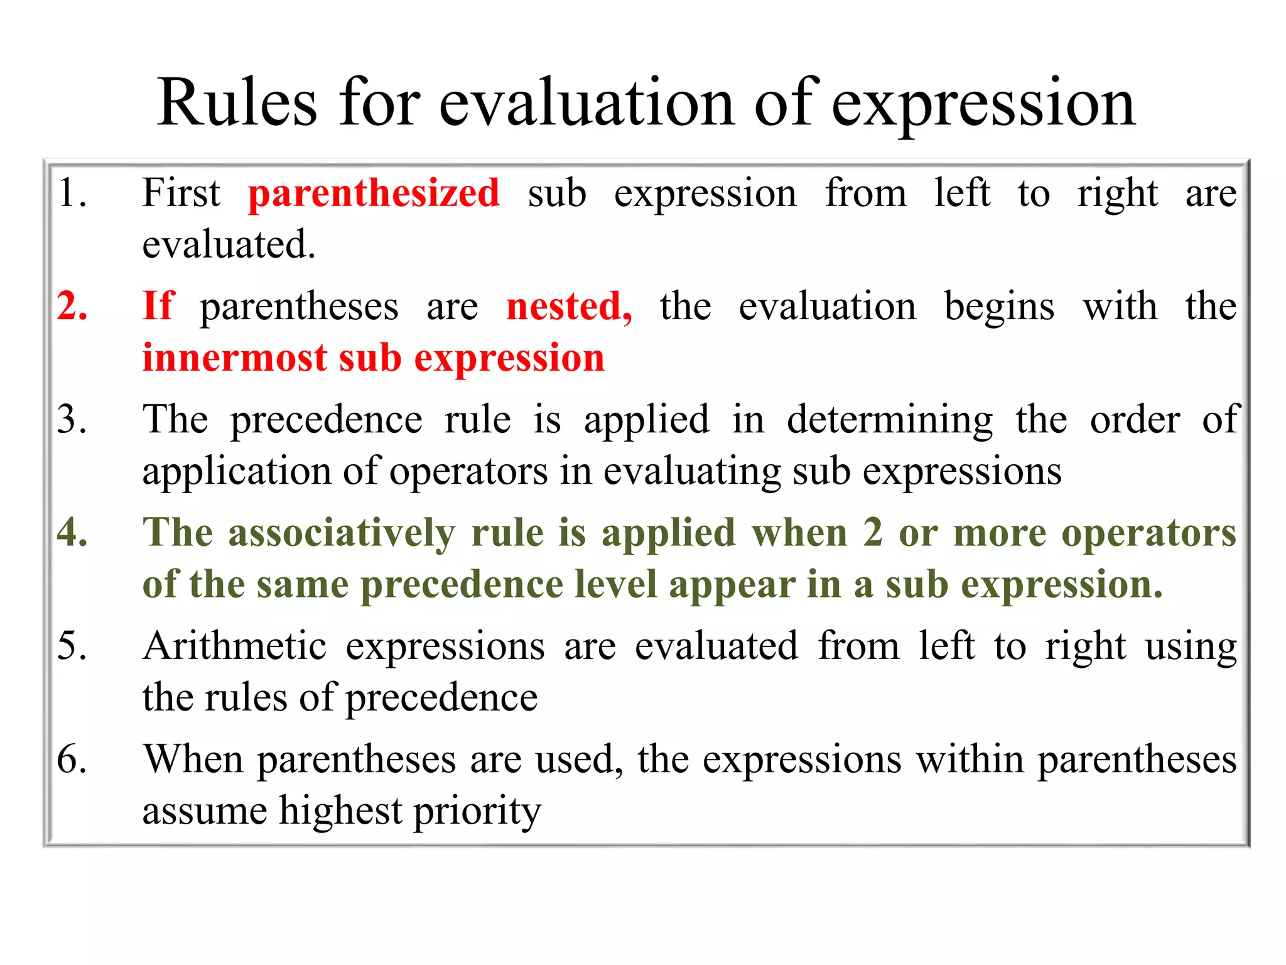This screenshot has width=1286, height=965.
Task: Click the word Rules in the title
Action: (237, 103)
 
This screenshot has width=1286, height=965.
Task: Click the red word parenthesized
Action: (374, 194)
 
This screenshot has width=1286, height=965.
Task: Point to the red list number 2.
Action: (72, 306)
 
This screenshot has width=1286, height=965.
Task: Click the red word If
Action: (158, 306)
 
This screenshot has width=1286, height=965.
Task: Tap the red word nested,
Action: (569, 307)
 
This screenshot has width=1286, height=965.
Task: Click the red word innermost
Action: (234, 358)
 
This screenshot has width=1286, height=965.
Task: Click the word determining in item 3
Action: (889, 420)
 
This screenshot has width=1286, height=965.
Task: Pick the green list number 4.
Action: (72, 533)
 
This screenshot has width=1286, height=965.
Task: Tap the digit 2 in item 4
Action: (873, 533)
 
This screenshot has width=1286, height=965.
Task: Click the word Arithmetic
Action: (234, 646)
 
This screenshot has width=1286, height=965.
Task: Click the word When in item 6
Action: (193, 759)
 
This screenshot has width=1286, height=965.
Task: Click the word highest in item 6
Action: (340, 810)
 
